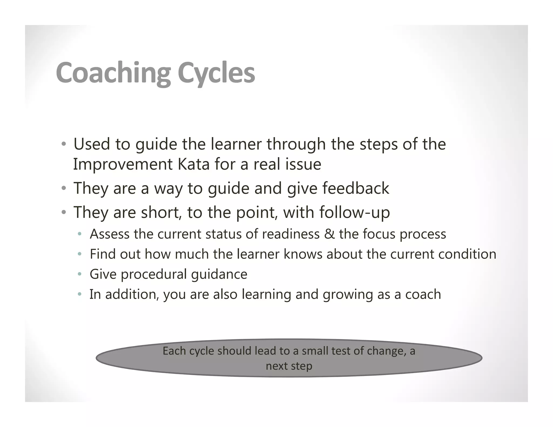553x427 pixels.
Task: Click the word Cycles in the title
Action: (x=216, y=73)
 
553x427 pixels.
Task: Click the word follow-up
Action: (x=355, y=212)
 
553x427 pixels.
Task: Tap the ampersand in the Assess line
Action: (x=329, y=234)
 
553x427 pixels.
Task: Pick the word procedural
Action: (x=154, y=274)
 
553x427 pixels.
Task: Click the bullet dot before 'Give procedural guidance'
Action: (x=79, y=274)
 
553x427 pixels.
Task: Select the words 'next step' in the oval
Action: (x=289, y=366)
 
